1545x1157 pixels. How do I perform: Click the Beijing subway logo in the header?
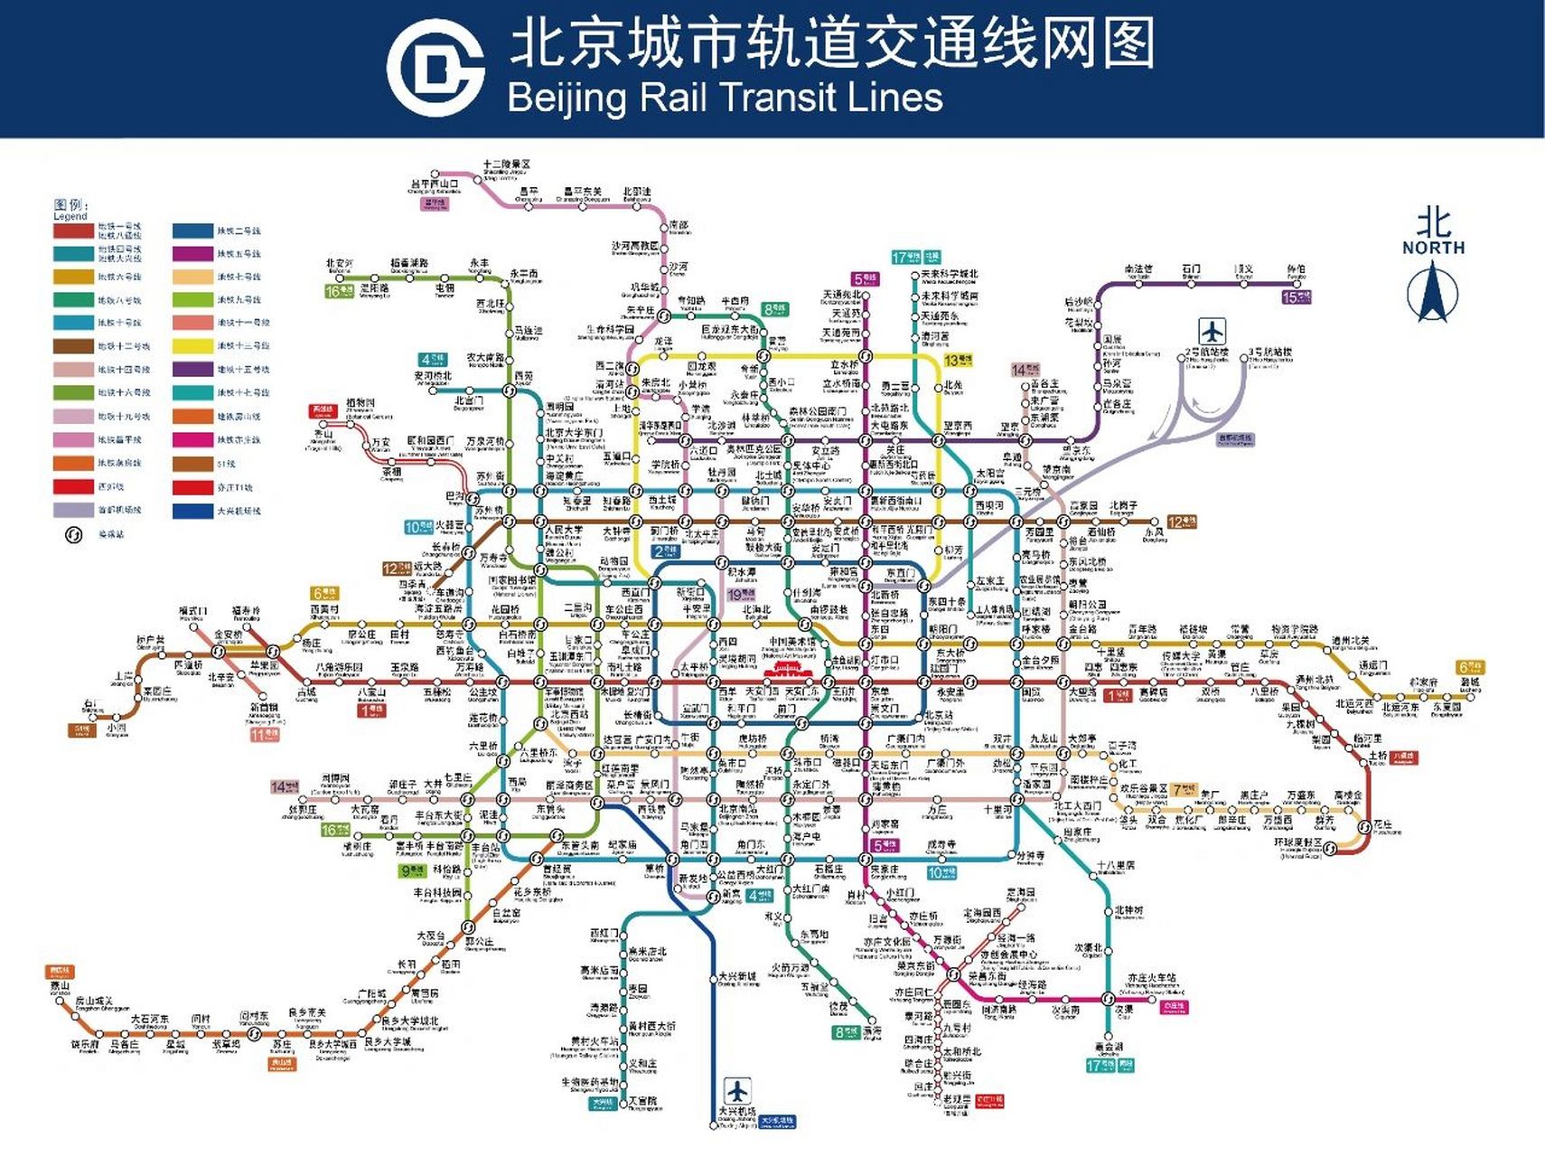(435, 69)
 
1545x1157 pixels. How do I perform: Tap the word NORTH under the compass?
(1434, 248)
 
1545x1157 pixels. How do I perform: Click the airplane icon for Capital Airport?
(1213, 330)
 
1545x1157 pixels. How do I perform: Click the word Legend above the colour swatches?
(70, 217)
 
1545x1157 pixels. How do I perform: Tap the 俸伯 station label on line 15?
(1297, 269)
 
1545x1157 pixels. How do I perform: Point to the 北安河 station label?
(341, 264)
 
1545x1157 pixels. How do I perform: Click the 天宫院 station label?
(643, 1101)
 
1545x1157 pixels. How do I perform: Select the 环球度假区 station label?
(1298, 842)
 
